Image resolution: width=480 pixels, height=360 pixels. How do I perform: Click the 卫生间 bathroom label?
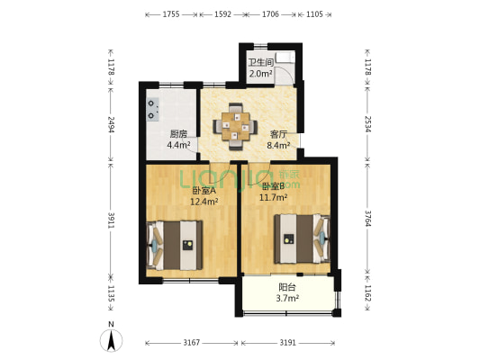(x=261, y=63)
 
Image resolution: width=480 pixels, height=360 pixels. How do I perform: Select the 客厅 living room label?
(x=277, y=133)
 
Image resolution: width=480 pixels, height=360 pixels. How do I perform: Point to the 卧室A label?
(x=204, y=191)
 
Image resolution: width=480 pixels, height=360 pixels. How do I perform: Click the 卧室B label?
(x=273, y=186)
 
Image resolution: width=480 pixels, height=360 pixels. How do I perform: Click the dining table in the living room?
(x=236, y=127)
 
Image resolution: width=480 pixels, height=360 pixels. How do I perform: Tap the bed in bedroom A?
(x=176, y=244)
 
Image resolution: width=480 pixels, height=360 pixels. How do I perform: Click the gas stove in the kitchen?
(x=149, y=109)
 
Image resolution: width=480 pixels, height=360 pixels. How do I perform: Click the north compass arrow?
(x=110, y=339)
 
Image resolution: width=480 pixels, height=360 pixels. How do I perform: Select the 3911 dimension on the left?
(x=112, y=220)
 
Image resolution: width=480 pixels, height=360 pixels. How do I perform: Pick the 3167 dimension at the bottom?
(x=189, y=343)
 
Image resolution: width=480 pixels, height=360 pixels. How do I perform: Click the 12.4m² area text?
(x=204, y=202)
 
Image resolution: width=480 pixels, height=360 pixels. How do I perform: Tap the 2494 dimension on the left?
(x=112, y=123)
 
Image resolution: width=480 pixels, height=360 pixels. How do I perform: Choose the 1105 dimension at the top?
(x=315, y=14)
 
